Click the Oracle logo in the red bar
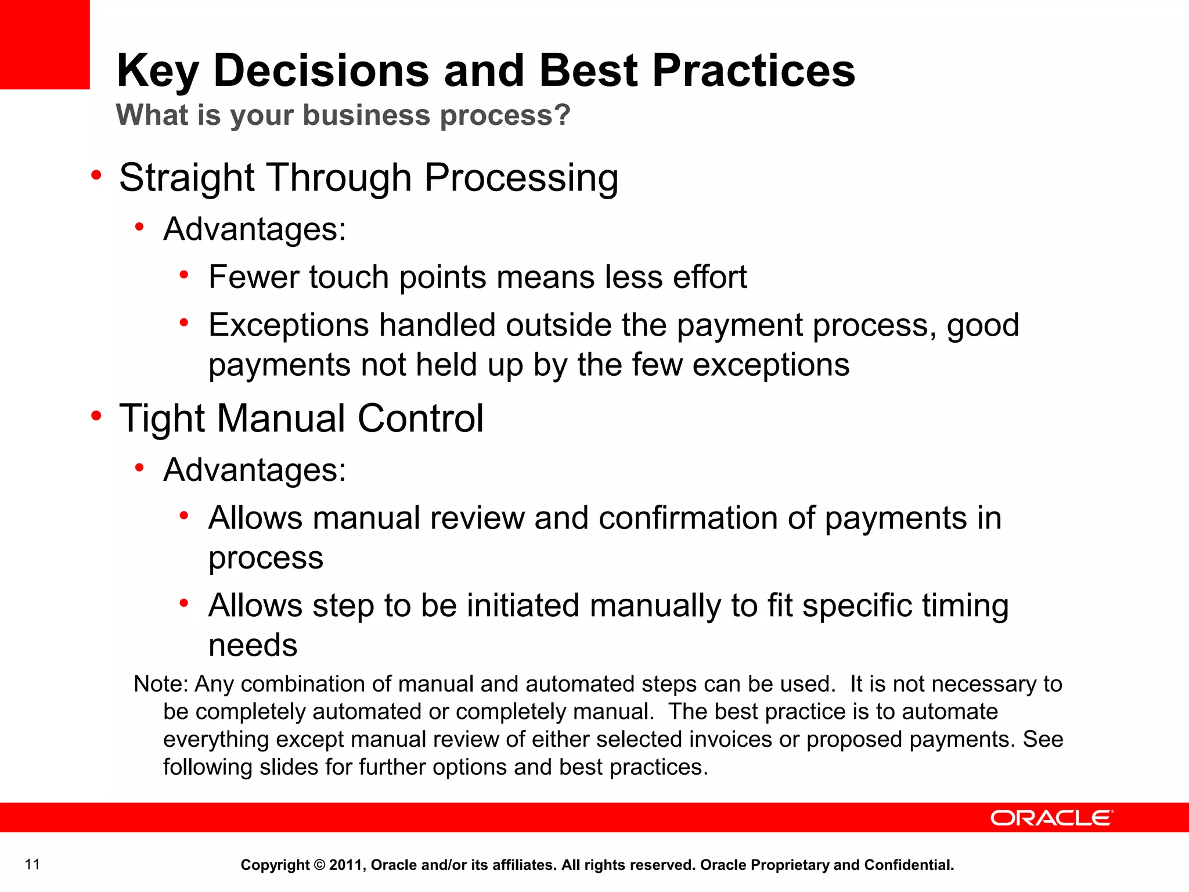pos(1051,818)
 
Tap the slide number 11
pos(33,864)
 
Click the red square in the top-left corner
pos(45,44)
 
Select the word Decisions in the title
pos(321,71)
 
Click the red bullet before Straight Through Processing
pos(96,175)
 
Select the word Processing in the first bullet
pos(521,178)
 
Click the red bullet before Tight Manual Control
pos(96,416)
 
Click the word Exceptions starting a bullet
pos(289,325)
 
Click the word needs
pos(253,646)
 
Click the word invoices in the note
pos(730,739)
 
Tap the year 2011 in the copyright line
pos(346,865)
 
